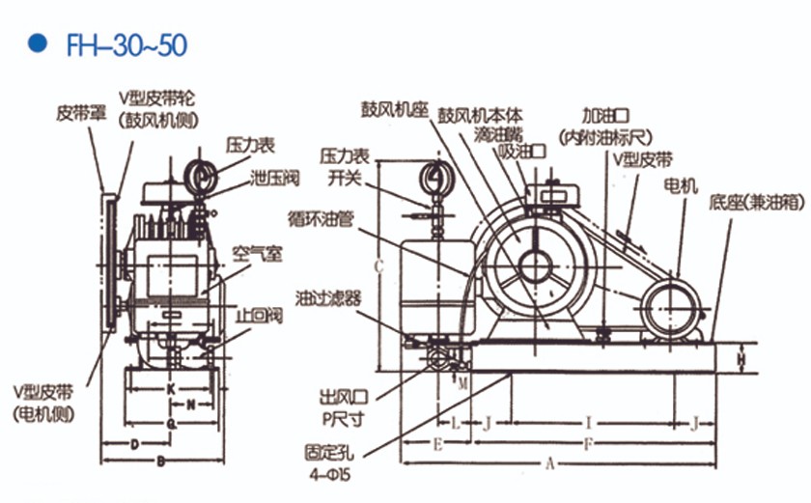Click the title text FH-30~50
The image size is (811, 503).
click(x=127, y=44)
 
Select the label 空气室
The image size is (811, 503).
click(x=256, y=253)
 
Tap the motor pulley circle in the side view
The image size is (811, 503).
click(x=667, y=311)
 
